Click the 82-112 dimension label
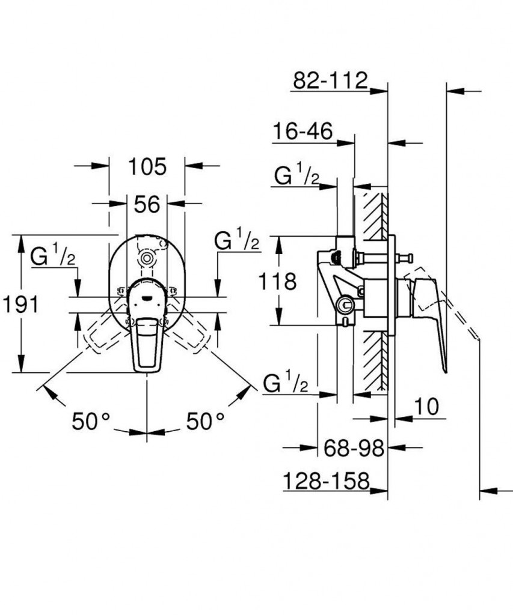pos(330,80)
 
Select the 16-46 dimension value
pos(303,131)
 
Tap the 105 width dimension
pos(148,167)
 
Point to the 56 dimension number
pos(147,204)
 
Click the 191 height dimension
pos(20,304)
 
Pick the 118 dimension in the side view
pos(277,281)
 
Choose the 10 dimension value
pos(426,407)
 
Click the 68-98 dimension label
pos(354,448)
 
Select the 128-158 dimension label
pos(327,480)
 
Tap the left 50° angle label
pos(91,422)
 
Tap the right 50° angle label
pos(205,421)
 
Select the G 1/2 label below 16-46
pos(296,175)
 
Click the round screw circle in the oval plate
pos(147,259)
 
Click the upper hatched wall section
pos(375,216)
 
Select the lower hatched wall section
pos(375,361)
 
